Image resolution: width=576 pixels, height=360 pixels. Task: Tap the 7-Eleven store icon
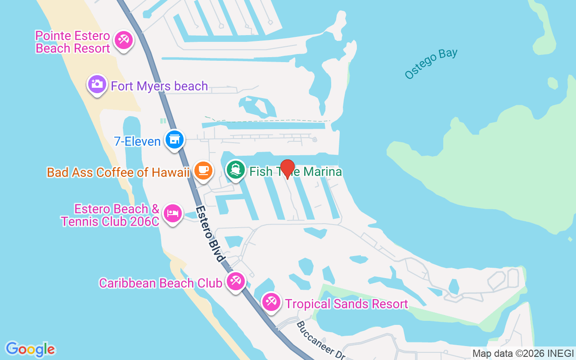pos(174,139)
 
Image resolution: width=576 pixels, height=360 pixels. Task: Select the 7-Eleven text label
pos(137,141)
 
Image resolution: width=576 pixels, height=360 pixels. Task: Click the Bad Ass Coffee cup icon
pos(203,170)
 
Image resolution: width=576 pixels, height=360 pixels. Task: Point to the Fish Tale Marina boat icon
pos(236,170)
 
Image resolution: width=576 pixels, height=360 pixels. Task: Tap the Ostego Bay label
pos(431,63)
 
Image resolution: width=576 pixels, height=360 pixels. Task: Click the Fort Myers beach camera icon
pos(97,84)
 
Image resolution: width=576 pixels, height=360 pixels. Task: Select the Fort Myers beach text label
pos(159,86)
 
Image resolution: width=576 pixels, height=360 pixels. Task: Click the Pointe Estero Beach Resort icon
pos(123,40)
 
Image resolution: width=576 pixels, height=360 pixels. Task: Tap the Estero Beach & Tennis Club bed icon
pos(172,212)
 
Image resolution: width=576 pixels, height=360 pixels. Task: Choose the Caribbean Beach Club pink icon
pos(235,281)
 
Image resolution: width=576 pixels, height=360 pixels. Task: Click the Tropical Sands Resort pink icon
pos(271,301)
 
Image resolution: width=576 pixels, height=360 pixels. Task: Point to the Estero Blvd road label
pos(211,234)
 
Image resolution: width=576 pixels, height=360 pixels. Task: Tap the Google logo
pos(31,349)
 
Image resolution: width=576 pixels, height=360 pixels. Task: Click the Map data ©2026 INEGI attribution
pos(523,354)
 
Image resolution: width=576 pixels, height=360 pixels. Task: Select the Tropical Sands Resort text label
pos(346,304)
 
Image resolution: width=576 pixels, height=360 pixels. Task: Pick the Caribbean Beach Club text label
pos(161,283)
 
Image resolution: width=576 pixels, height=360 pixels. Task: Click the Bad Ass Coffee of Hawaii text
pos(118,172)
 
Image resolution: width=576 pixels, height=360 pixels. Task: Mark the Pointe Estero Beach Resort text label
pos(73,42)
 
